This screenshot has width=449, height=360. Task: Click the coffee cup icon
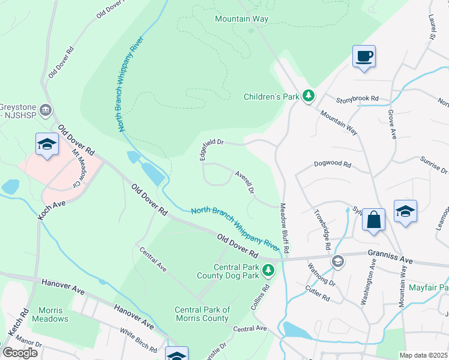tap(364, 56)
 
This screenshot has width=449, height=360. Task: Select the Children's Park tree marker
tap(309, 96)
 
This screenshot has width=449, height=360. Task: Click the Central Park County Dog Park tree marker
tap(268, 271)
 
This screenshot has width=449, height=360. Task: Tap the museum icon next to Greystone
tap(46, 110)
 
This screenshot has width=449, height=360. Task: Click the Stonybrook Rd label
tap(357, 98)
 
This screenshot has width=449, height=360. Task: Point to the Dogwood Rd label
tap(332, 163)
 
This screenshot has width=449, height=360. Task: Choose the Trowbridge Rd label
tap(322, 230)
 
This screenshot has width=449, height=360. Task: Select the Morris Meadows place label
tap(50, 314)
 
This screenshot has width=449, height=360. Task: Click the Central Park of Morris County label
tap(202, 314)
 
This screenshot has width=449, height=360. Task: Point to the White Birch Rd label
tap(139, 340)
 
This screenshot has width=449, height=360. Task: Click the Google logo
tap(20, 352)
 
